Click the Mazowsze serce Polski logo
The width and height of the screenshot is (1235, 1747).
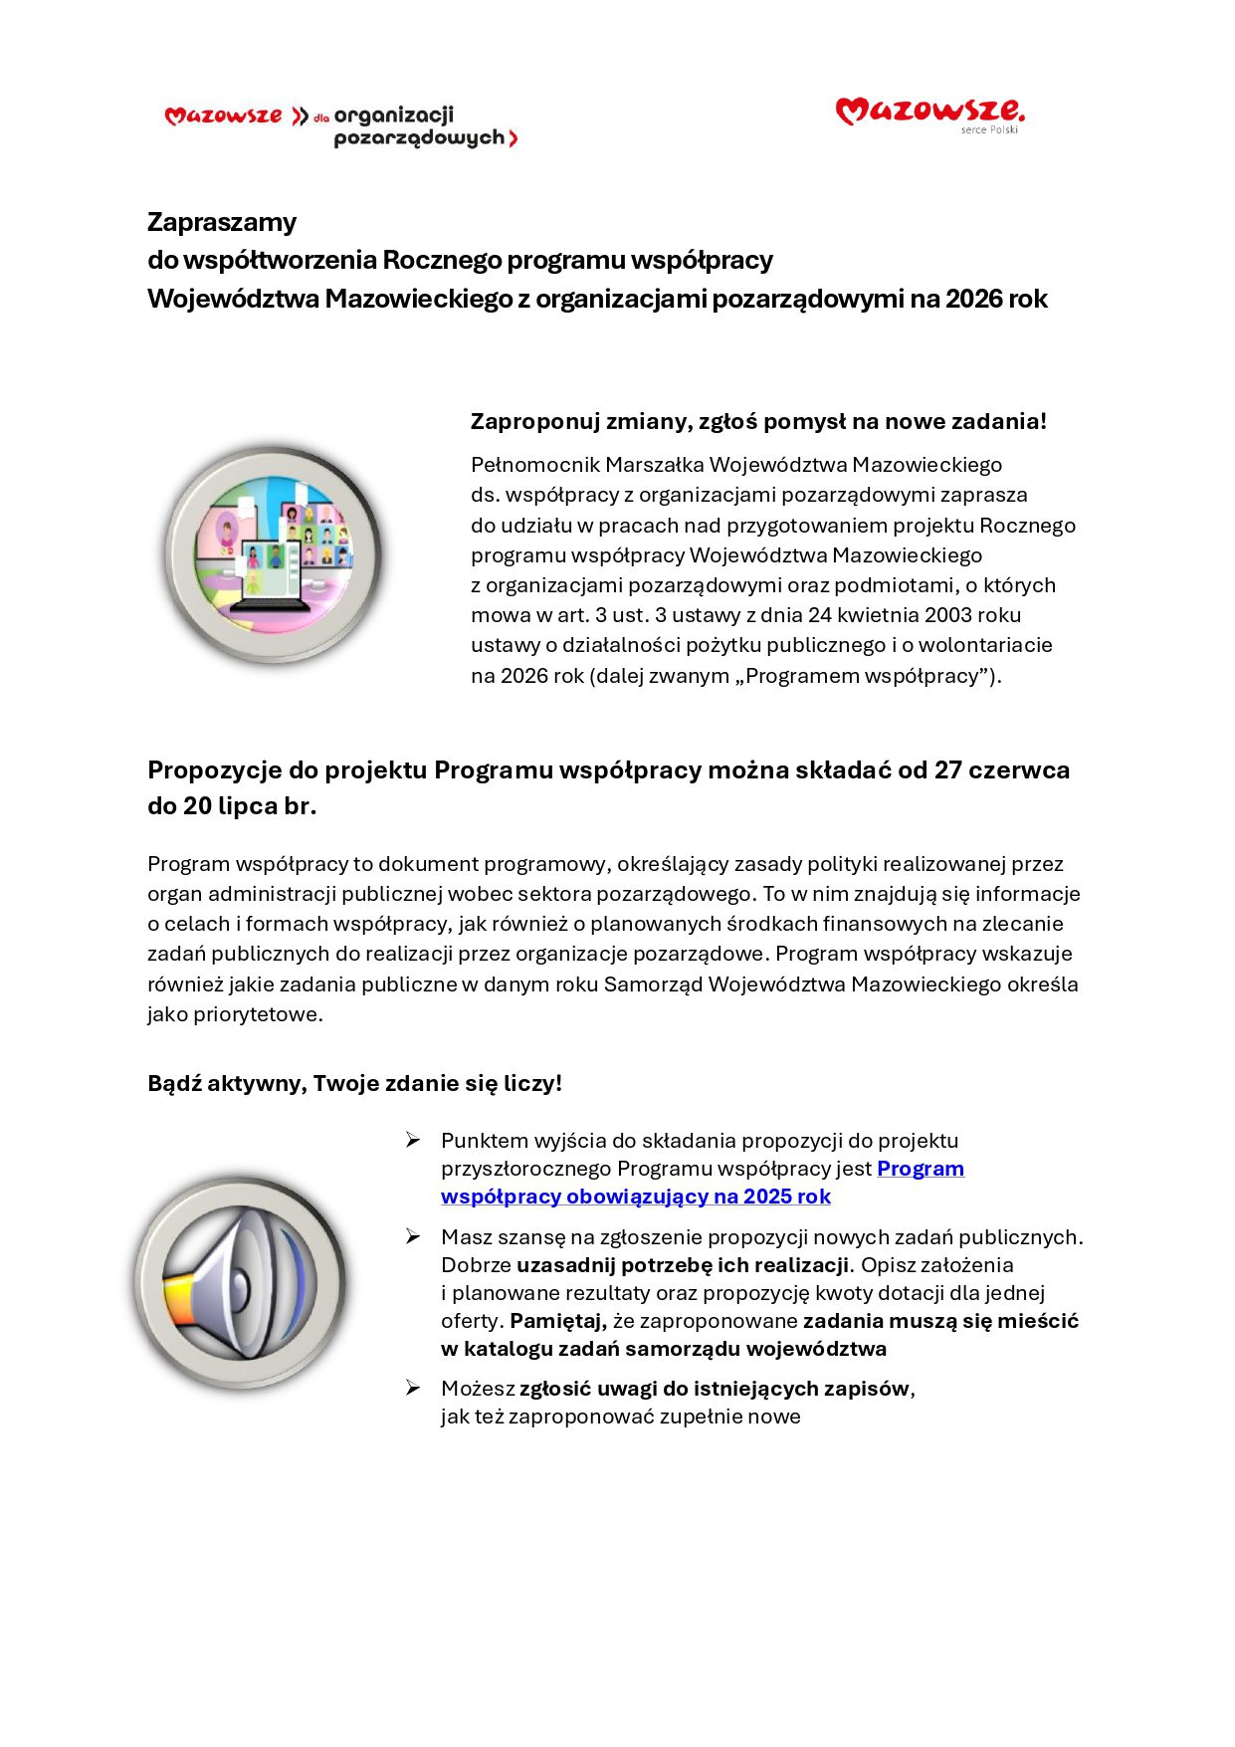pyautogui.click(x=929, y=113)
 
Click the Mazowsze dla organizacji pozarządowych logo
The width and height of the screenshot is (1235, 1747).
pyautogui.click(x=341, y=126)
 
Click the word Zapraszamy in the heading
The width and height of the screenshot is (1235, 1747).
pyautogui.click(x=222, y=222)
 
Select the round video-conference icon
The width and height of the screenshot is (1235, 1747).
pyautogui.click(x=273, y=553)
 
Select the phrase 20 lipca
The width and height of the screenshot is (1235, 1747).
pyautogui.click(x=229, y=806)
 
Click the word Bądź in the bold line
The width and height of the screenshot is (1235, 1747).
pyautogui.click(x=174, y=1083)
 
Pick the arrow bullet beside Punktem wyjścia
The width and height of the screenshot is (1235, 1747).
pyautogui.click(x=413, y=1140)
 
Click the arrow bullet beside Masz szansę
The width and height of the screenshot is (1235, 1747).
pyautogui.click(x=413, y=1236)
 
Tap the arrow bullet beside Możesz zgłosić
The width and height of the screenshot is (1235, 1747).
pyautogui.click(x=413, y=1388)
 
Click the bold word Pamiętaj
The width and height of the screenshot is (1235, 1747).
pyautogui.click(x=557, y=1321)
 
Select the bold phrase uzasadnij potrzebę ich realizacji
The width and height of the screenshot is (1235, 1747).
pyautogui.click(x=682, y=1265)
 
